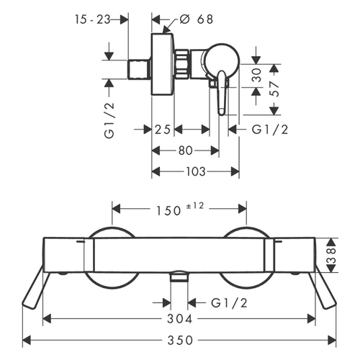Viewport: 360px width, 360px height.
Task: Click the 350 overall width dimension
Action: pos(180,341)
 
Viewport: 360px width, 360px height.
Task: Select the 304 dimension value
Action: pos(180,319)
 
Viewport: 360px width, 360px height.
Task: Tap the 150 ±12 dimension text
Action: pos(180,209)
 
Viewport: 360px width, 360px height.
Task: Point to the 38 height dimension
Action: pos(331,256)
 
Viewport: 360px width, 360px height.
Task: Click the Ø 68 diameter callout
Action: pos(197,19)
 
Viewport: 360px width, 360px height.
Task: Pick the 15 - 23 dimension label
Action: pos(92,19)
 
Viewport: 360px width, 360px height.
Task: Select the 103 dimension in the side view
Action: pos(196,171)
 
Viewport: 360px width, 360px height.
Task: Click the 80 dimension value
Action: pos(185,150)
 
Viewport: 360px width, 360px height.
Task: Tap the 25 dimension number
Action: pos(163,130)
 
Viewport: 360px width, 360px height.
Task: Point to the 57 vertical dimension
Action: pos(276,89)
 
